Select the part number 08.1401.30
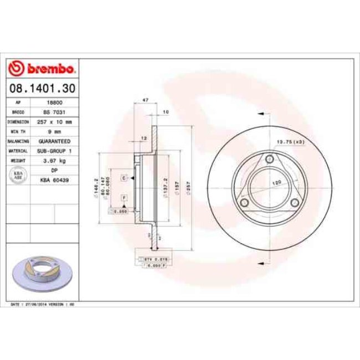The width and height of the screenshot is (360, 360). pyautogui.click(x=42, y=88)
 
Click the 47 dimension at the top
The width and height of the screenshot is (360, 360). pyautogui.click(x=146, y=100)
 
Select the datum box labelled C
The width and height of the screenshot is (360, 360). pyautogui.click(x=124, y=178)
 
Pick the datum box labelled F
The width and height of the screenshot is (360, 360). pyautogui.click(x=124, y=197)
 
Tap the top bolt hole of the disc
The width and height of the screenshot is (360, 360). pyautogui.click(x=269, y=160)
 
